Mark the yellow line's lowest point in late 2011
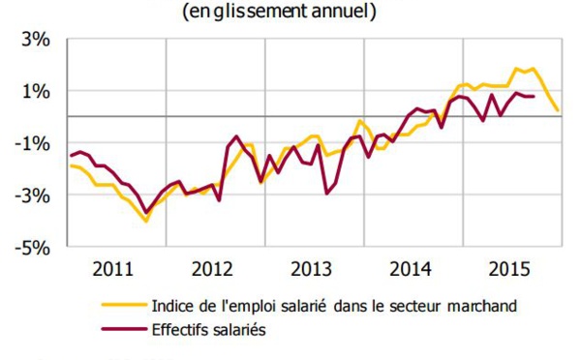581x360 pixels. tap(146, 222)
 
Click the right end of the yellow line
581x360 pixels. tap(558, 110)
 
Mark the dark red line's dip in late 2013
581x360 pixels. tap(327, 193)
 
